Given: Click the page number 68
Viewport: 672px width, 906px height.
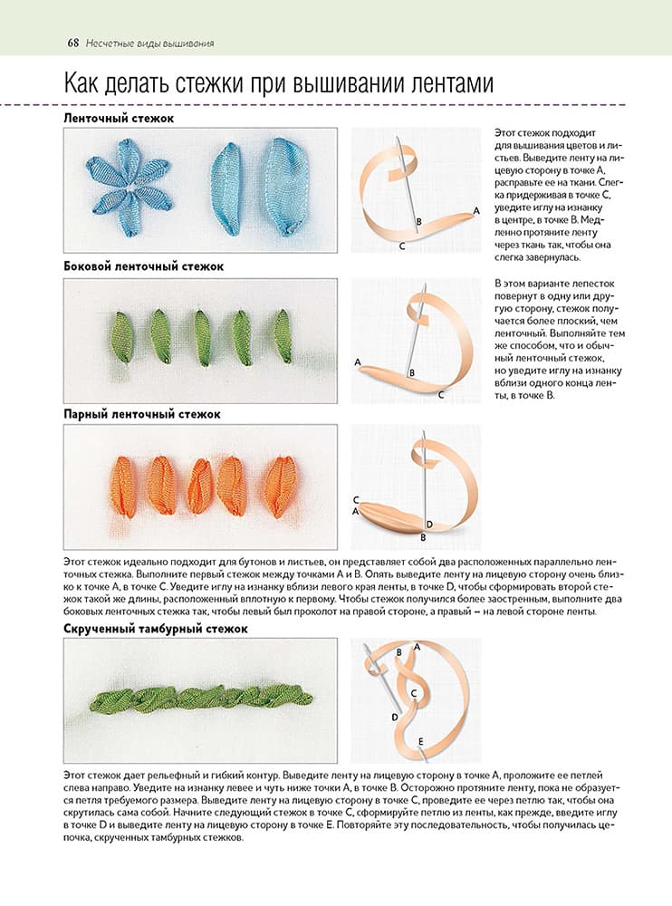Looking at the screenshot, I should pos(73,43).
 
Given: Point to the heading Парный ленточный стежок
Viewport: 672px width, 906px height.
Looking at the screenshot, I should pos(142,414).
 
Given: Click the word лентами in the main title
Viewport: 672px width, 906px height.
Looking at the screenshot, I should pos(440,84).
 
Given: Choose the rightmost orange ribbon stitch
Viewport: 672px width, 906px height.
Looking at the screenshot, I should pos(281,486).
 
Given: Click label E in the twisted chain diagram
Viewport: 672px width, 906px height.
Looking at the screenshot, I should pos(421,742).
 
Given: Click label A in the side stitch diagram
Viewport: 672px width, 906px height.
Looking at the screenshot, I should pos(358,362).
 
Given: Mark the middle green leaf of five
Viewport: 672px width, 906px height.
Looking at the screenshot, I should pos(204,336).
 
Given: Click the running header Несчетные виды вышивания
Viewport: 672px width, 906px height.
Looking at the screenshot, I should pos(150,43).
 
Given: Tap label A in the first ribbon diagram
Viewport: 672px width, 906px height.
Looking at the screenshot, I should pos(476,210).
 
